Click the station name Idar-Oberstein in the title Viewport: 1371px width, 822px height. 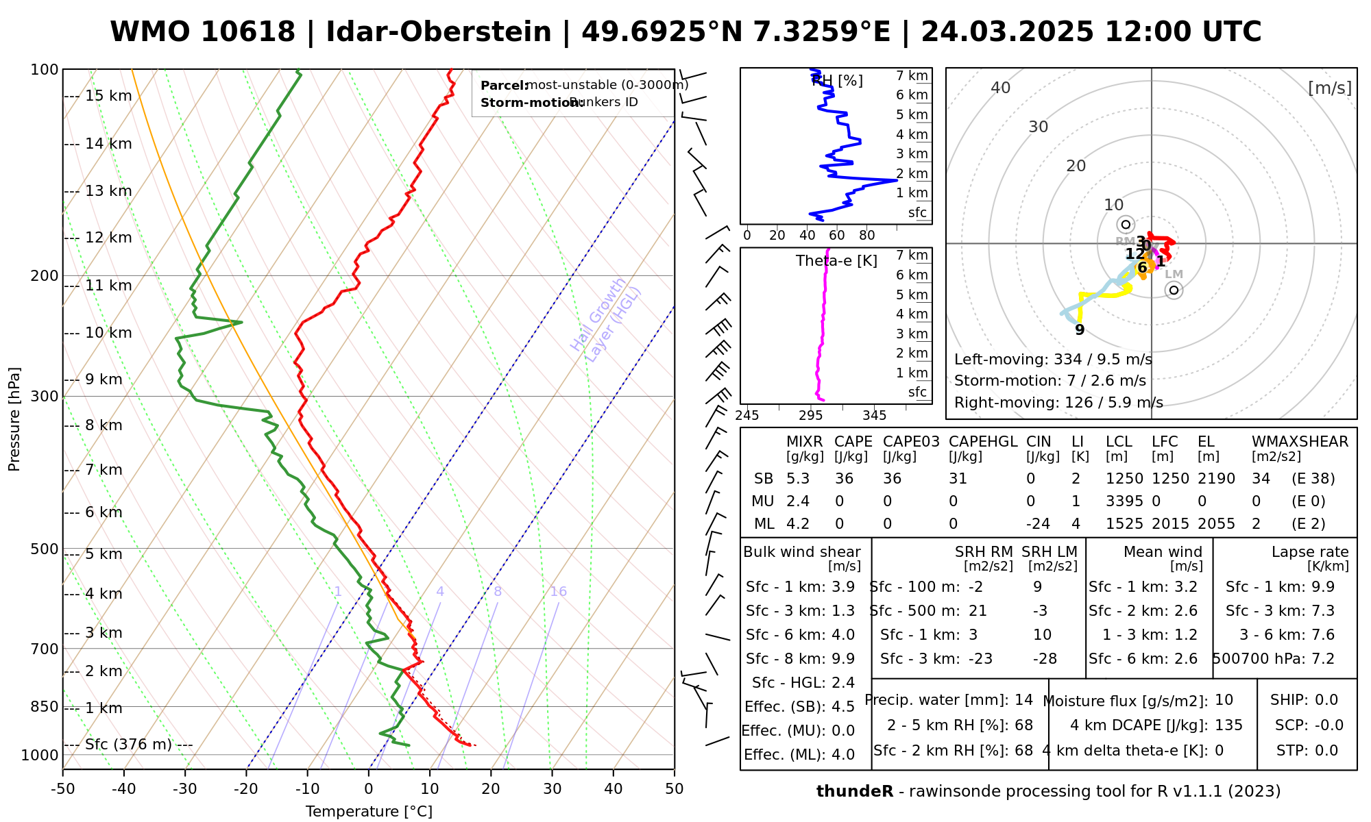point(438,32)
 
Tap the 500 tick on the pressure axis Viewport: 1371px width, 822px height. point(45,549)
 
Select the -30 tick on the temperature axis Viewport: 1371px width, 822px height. point(185,789)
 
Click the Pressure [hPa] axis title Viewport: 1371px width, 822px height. point(14,419)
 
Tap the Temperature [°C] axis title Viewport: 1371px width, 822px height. point(369,812)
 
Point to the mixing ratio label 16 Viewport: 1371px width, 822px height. point(558,592)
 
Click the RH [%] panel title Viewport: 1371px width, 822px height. point(837,81)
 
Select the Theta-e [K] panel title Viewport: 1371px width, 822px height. point(836,261)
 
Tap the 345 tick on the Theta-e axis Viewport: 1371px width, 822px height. point(874,416)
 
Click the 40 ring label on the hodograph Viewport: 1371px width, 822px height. point(1001,88)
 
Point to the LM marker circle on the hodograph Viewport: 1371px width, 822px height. point(1174,290)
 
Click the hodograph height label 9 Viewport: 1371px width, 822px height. point(1080,330)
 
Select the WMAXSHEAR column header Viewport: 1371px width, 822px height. point(1300,442)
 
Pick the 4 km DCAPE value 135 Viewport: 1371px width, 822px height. point(1228,725)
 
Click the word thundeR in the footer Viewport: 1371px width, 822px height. point(854,792)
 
